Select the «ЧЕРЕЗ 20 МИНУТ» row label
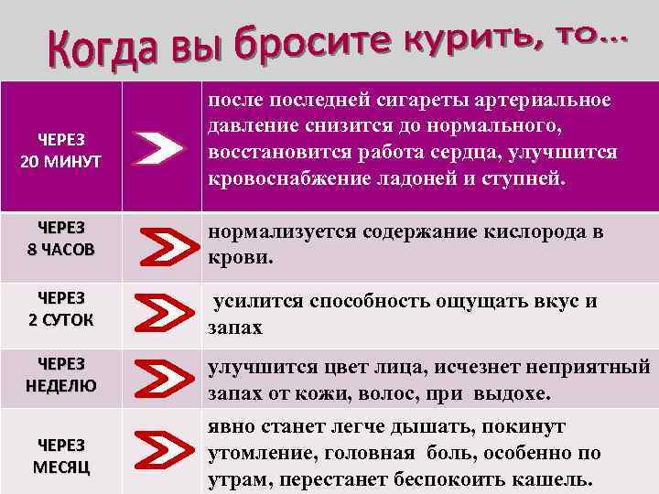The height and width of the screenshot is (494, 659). point(60,147)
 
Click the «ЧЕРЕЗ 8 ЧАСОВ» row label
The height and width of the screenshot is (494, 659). point(60,241)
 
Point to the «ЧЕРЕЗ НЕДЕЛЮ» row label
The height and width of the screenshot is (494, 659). point(60,375)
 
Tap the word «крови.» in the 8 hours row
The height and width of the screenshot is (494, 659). point(239,257)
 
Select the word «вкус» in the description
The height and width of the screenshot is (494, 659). point(556,302)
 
